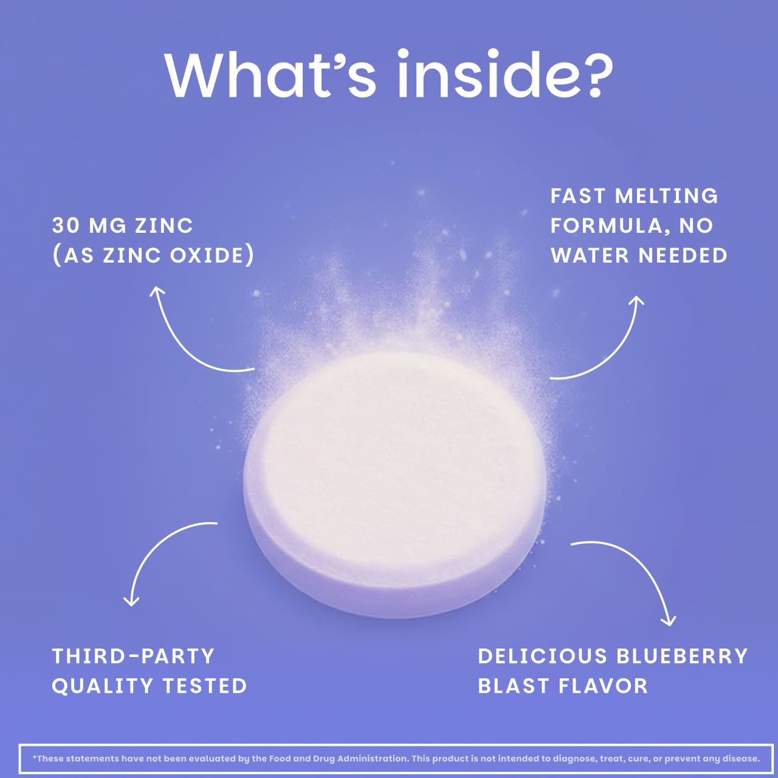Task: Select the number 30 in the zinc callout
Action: coord(66,226)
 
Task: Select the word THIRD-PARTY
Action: coord(134,656)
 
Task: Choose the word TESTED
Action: coord(205,686)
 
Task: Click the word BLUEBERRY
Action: coord(682,656)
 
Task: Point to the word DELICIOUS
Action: coord(543,656)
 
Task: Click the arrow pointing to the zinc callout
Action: coord(182,340)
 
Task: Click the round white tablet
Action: coord(395,480)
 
